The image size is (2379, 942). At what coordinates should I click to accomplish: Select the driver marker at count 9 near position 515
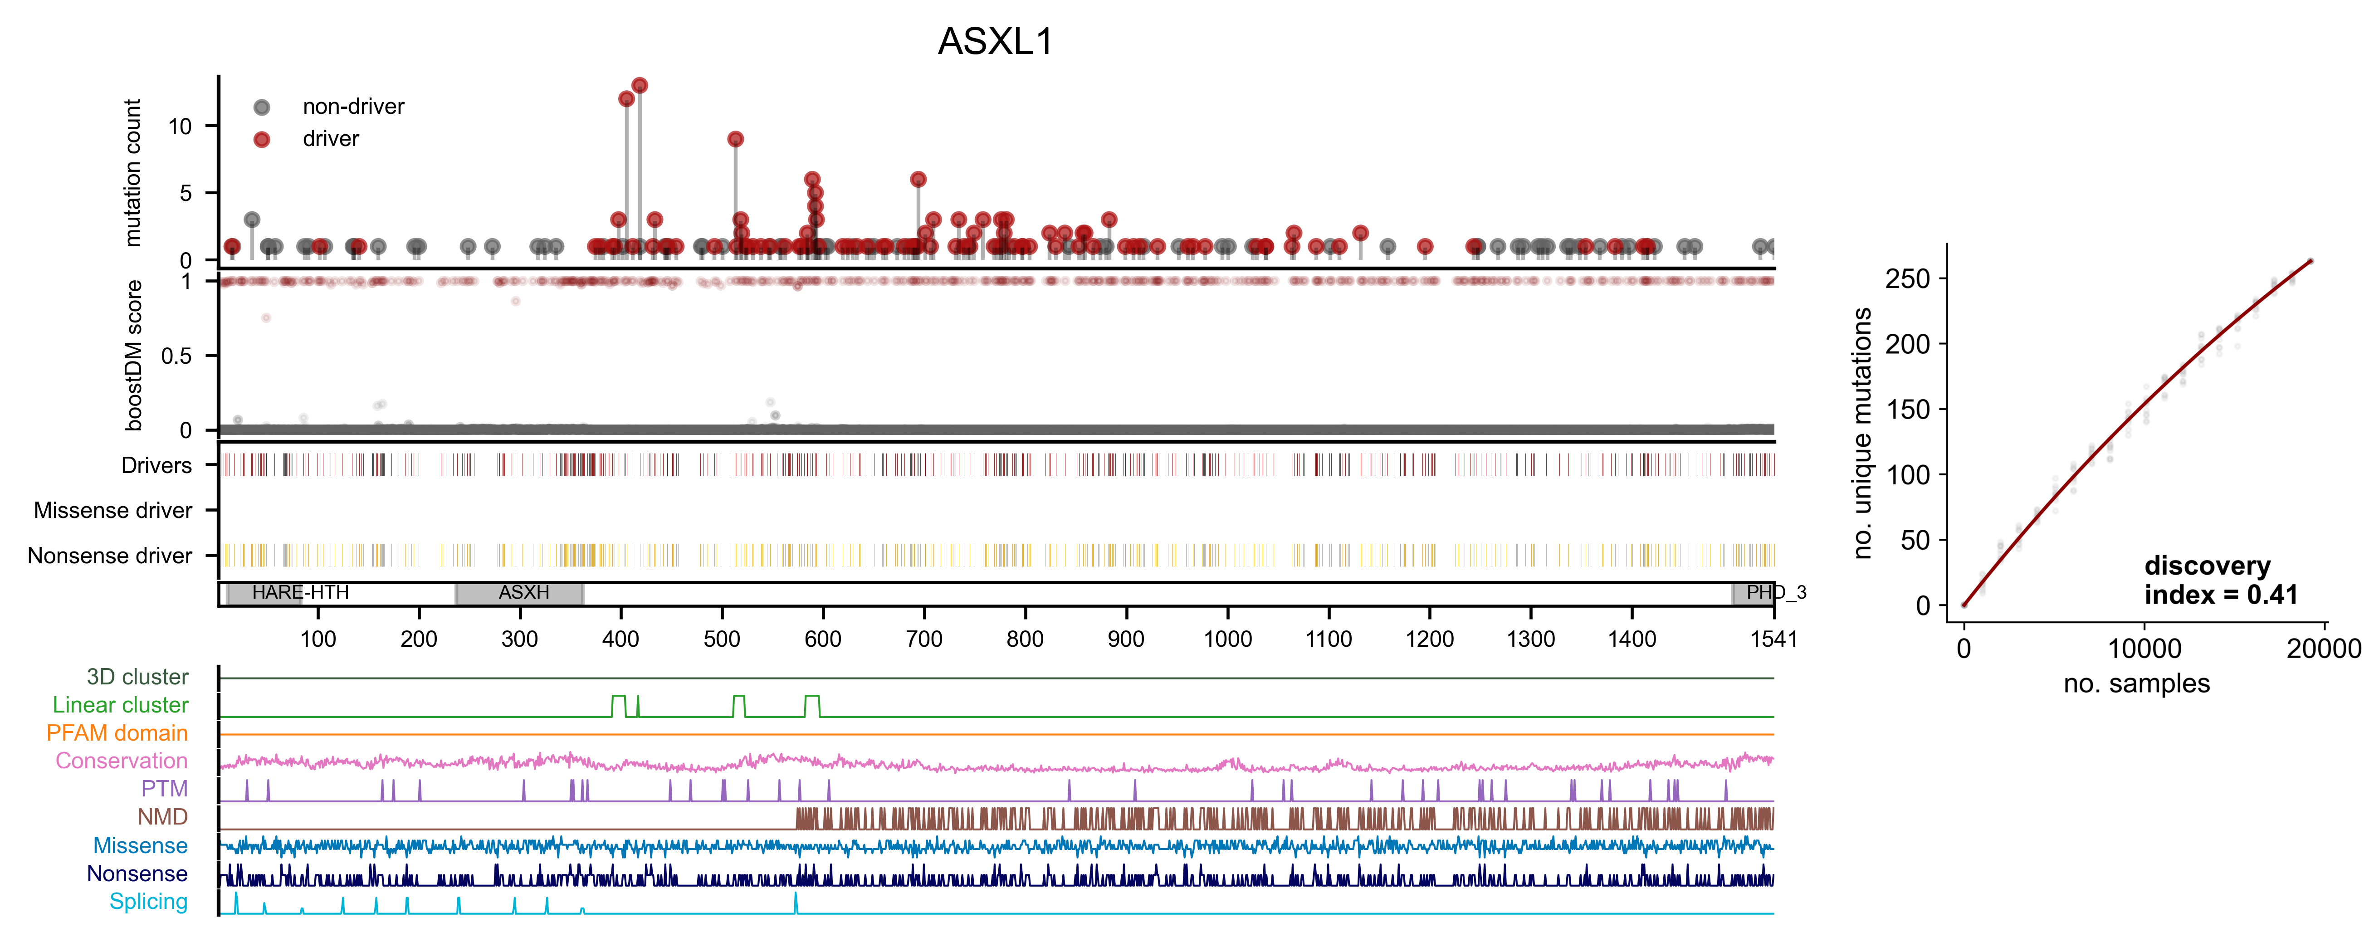click(735, 139)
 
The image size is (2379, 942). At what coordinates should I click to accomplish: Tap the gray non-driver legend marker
click(262, 107)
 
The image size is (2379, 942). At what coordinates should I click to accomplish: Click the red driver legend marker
click(262, 139)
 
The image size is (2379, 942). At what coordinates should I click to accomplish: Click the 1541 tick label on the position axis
click(1773, 639)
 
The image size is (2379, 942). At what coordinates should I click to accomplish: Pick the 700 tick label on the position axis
click(923, 639)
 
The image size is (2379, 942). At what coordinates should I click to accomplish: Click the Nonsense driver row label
click(110, 556)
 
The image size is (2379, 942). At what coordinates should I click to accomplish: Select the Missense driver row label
click(112, 511)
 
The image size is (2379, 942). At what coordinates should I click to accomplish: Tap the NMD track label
click(162, 817)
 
